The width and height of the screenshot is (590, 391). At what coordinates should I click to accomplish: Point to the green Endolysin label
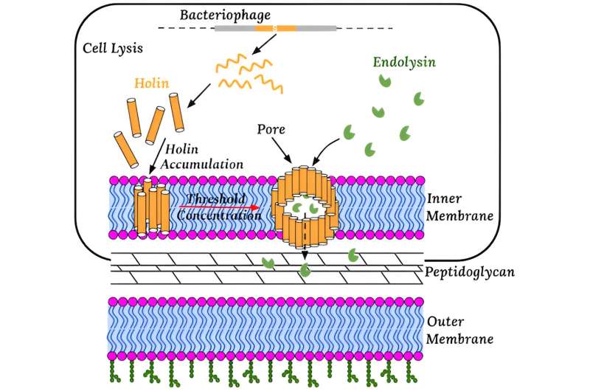[x=404, y=62]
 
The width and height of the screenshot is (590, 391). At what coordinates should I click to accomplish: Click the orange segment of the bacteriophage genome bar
[x=275, y=28]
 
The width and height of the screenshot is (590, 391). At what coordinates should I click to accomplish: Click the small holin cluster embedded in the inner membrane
[x=153, y=207]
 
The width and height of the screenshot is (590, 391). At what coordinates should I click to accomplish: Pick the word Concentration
[x=220, y=217]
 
